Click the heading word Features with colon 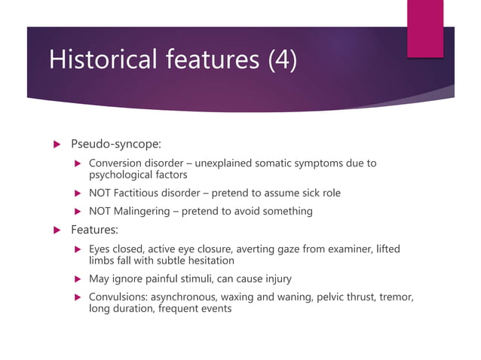97,229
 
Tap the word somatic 280,163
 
